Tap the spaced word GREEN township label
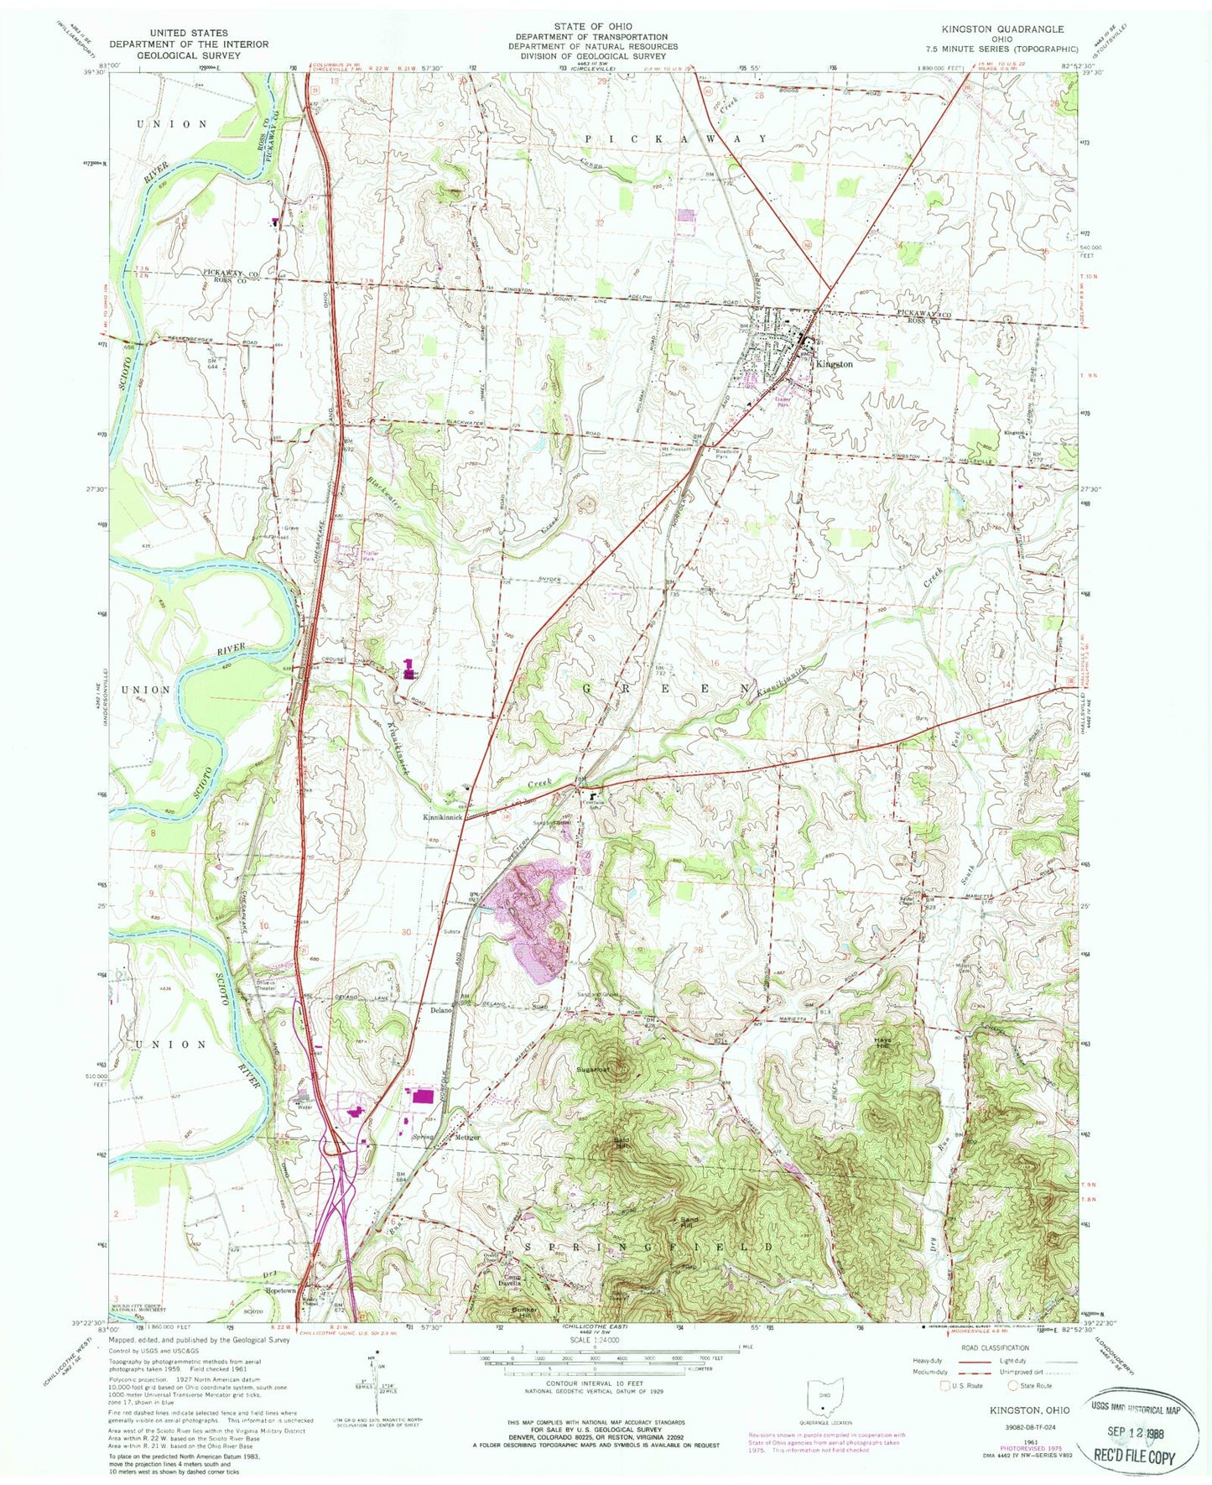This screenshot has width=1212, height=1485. click(x=663, y=688)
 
